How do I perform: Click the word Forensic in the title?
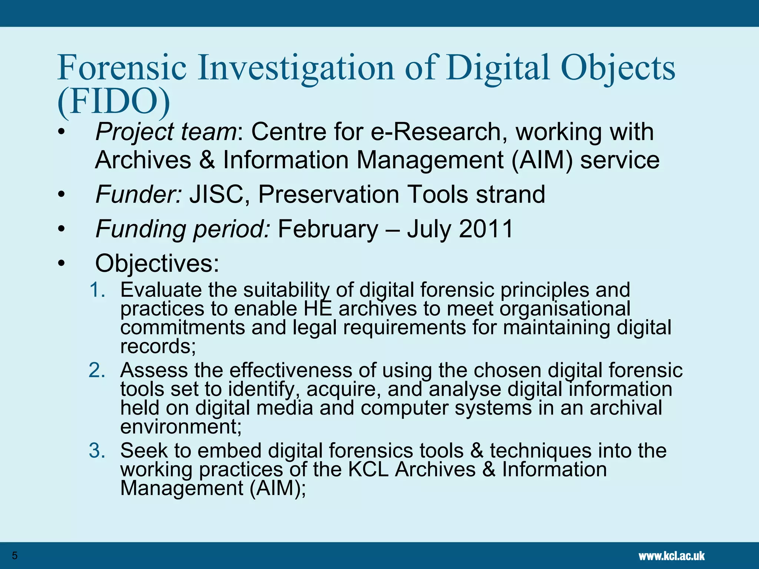122,68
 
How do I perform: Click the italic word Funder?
139,194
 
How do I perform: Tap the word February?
328,229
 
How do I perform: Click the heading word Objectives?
157,263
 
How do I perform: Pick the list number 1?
97,290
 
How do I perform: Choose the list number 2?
97,370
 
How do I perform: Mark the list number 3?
97,451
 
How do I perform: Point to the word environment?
181,427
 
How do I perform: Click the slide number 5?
15,556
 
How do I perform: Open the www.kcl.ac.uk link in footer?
672,556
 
